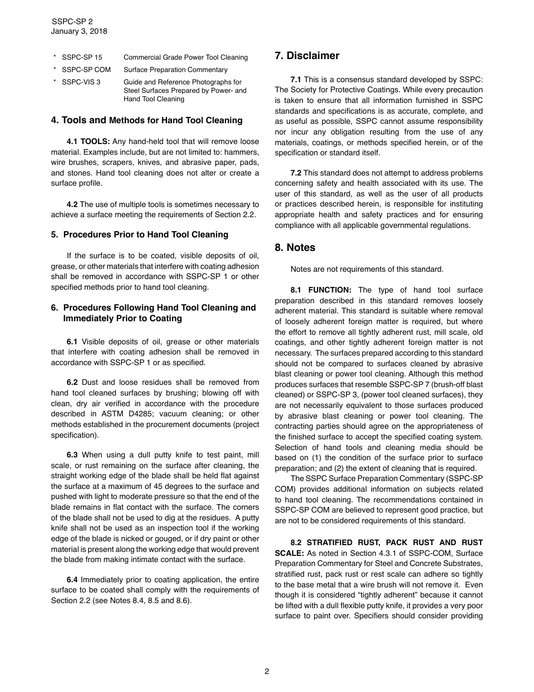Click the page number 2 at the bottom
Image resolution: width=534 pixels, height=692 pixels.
[267, 671]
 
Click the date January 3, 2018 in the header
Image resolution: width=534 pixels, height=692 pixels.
[79, 32]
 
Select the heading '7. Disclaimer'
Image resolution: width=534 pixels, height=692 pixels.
[307, 56]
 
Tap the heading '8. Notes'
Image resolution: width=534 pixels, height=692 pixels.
[295, 248]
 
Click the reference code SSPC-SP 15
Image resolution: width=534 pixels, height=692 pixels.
[82, 57]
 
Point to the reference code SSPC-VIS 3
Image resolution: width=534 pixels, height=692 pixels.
[82, 82]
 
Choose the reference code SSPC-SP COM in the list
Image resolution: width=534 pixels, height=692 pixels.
[86, 70]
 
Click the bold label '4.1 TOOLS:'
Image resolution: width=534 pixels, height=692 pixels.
[88, 142]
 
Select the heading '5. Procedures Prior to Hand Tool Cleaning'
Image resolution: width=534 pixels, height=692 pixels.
[139, 235]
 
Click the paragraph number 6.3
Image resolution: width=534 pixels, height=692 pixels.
[72, 455]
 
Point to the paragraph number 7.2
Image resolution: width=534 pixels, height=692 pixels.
[296, 173]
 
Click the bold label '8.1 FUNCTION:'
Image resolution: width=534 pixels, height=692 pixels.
[321, 290]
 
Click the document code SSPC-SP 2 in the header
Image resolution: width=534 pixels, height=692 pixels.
[72, 21]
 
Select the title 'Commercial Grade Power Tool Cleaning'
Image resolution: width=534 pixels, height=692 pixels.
[185, 57]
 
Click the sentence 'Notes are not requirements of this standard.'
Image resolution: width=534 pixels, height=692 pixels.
[366, 269]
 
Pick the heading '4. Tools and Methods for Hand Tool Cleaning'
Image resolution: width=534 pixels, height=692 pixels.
[147, 120]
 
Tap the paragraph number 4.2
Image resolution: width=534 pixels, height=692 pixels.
[72, 204]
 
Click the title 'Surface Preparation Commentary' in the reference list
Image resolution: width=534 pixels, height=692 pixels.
[175, 70]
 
